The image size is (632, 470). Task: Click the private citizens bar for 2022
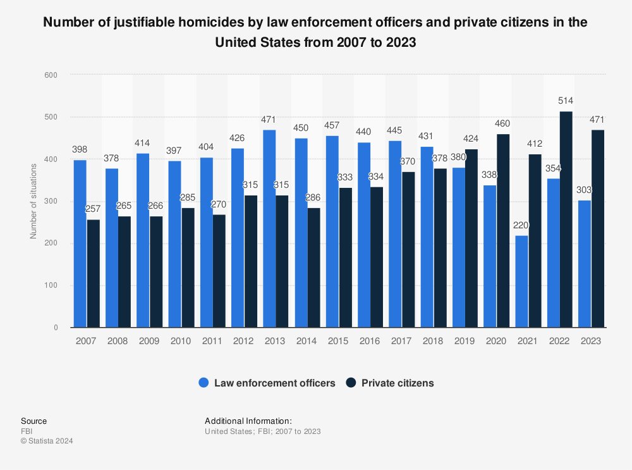point(566,220)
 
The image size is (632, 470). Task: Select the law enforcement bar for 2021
point(522,281)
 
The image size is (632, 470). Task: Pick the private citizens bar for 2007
point(93,273)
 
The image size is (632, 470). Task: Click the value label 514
point(566,101)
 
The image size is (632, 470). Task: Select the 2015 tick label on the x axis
point(338,341)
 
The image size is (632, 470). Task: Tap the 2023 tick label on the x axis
point(590,341)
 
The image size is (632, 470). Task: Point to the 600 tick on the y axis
point(51,75)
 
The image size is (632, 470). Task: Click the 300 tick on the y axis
point(51,202)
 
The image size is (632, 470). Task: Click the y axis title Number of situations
point(33,201)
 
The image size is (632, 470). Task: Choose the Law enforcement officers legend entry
point(267,383)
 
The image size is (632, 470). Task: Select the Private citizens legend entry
point(390,383)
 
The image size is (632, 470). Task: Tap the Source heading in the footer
point(33,421)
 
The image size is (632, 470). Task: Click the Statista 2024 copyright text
point(47,441)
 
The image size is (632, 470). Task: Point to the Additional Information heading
point(248,421)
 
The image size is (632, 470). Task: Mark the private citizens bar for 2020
point(503,231)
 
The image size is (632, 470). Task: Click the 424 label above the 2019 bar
point(471,139)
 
